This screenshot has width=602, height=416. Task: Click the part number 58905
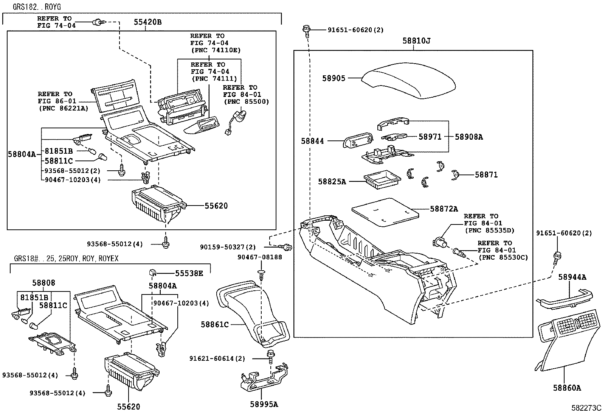334,78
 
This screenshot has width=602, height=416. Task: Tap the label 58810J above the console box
416,41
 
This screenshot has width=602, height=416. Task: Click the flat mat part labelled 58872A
385,212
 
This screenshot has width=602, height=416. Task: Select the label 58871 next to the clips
486,175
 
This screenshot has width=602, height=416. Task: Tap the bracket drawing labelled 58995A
264,380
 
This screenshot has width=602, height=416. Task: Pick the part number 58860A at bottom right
567,388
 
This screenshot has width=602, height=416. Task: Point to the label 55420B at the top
147,22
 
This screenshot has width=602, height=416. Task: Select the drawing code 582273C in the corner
586,408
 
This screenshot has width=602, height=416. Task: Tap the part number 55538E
189,273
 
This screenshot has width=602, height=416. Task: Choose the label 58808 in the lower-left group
43,283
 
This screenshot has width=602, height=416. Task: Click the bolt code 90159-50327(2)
228,248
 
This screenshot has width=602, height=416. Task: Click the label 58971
430,137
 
